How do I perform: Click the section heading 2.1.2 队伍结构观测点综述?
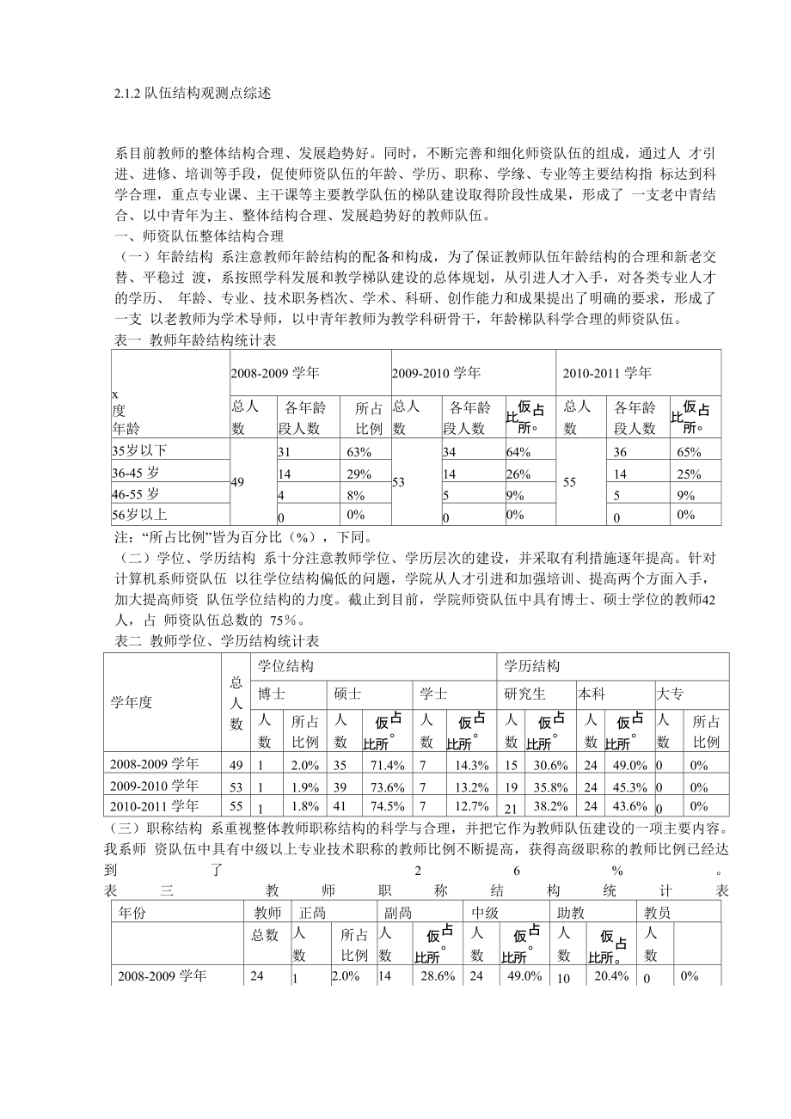(x=193, y=93)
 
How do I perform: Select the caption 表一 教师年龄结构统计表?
(x=195, y=340)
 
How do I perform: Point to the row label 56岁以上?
(x=138, y=514)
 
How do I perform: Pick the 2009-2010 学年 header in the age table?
(x=436, y=373)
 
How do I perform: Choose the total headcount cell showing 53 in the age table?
(x=398, y=483)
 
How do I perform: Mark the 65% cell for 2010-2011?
(x=685, y=452)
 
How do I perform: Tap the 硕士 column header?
(x=347, y=694)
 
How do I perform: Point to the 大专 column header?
(x=670, y=694)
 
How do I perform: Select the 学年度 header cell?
(x=132, y=702)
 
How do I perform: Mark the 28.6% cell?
(x=438, y=976)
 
